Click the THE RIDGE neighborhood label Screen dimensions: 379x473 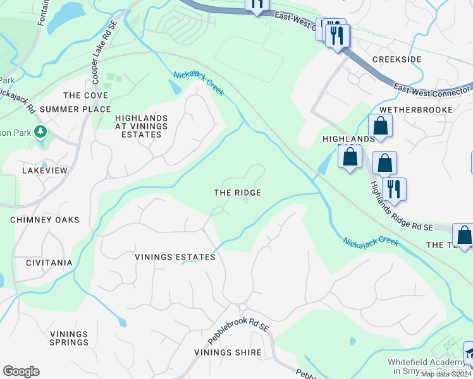point(237,193)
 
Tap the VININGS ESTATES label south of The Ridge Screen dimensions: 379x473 point(175,257)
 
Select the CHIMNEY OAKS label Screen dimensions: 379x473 point(45,220)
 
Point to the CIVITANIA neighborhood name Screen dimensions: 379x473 point(49,262)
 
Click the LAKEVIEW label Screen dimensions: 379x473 point(44,171)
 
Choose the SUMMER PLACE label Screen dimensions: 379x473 point(75,109)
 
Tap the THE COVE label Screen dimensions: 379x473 point(86,95)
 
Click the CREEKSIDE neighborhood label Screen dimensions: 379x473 point(396,59)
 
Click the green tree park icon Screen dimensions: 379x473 point(41,131)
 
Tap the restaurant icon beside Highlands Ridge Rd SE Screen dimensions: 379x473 point(394,188)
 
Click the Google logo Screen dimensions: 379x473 point(21,371)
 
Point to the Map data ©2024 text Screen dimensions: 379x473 point(445,374)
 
